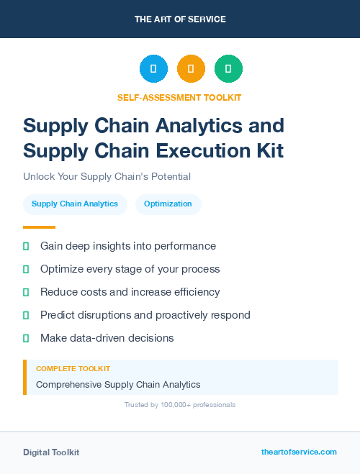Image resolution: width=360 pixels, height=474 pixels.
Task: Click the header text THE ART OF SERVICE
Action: (180, 19)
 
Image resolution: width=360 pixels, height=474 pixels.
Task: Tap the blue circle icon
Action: (153, 69)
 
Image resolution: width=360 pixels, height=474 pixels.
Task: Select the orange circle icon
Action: (191, 69)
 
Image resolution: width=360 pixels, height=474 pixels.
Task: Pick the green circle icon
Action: (228, 69)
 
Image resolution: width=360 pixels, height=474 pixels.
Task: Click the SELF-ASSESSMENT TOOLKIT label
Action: (179, 97)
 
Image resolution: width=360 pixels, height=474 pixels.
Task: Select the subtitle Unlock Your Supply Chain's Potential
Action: (107, 176)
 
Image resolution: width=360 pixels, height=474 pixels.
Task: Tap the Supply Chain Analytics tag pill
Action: (75, 204)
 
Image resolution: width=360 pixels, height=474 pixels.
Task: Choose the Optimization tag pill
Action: (168, 204)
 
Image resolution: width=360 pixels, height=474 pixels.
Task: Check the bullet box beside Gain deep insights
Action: (26, 246)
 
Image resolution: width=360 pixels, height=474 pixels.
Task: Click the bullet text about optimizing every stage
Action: (130, 269)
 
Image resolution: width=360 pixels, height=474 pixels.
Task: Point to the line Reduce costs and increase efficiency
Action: (130, 292)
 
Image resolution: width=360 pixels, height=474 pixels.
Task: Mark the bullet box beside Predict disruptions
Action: (26, 315)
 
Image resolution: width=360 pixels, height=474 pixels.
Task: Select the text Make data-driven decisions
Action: (107, 338)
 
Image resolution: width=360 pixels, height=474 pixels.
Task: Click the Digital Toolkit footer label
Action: (51, 452)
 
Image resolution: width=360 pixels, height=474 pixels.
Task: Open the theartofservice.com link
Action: (299, 452)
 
